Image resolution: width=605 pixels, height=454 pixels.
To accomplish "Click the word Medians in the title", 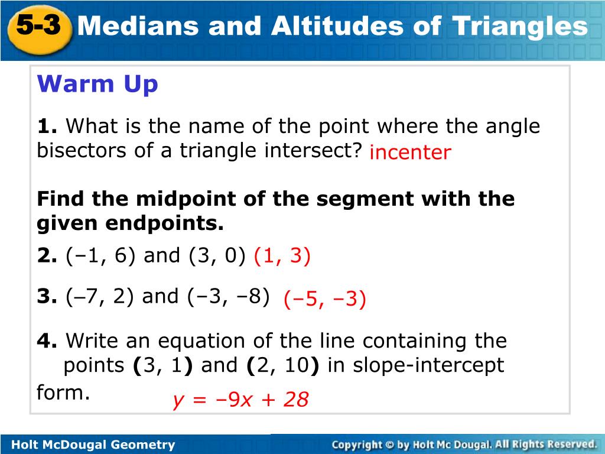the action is point(138,26).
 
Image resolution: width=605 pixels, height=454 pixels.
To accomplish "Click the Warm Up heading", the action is point(97,84).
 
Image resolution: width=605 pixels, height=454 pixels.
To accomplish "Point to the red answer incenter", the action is point(410,152).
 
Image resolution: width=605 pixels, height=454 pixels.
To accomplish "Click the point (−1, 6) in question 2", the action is point(101,255).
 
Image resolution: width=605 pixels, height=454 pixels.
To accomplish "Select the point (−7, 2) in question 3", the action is point(100,297).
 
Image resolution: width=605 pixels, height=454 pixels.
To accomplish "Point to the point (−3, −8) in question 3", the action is point(229,297).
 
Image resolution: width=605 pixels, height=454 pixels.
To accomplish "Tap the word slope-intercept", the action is point(428,365).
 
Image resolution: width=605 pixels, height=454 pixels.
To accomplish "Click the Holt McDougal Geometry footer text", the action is point(93,445).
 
